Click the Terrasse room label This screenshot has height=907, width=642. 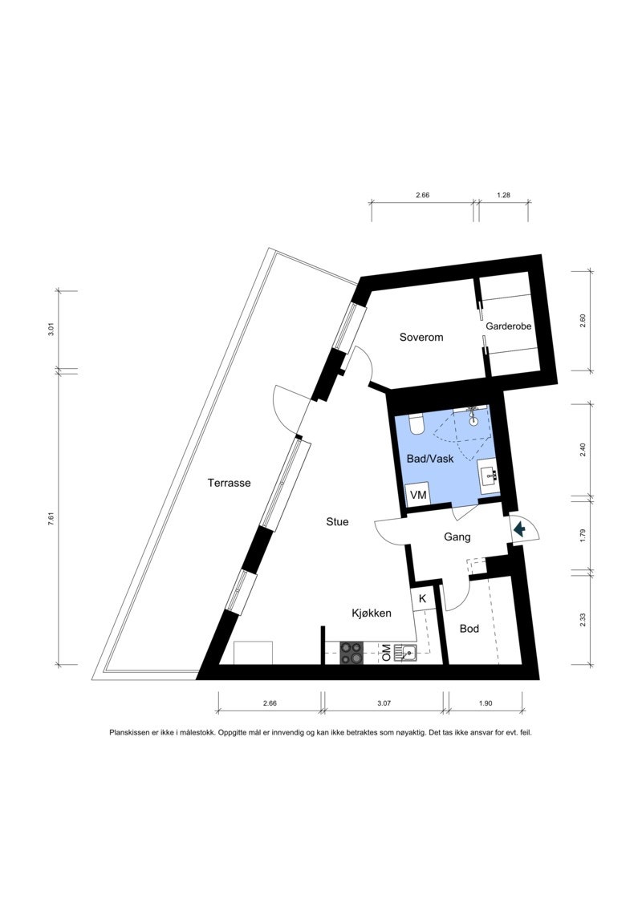(230, 483)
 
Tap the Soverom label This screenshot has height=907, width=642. (421, 338)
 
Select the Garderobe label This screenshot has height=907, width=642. (509, 326)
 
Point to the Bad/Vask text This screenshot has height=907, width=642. (430, 460)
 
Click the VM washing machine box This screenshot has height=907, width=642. (418, 495)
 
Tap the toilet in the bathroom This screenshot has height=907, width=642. (416, 423)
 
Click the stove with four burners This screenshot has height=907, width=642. (351, 653)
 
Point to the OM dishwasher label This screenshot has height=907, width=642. (386, 654)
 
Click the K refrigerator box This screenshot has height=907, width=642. (422, 598)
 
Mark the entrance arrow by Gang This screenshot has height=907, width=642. (520, 528)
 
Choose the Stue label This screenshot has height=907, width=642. (337, 521)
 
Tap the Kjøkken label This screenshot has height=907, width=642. (372, 613)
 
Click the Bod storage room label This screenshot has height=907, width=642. (469, 629)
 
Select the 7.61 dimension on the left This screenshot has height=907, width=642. (51, 518)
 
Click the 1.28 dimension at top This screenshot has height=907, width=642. (504, 194)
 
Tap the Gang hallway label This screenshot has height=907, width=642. (457, 537)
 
